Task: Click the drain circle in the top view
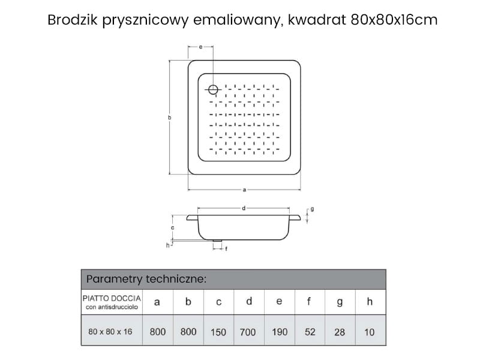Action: (x=213, y=89)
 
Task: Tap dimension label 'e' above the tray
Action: (x=200, y=47)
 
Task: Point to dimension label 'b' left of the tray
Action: (x=170, y=118)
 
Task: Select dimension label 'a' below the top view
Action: (x=244, y=190)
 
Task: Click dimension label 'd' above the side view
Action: (x=244, y=208)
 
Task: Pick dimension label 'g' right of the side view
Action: (x=312, y=209)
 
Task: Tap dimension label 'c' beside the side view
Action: (x=173, y=228)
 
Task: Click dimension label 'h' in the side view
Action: (x=168, y=245)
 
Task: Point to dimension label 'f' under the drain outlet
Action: (x=226, y=249)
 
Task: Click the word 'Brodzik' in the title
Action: (x=73, y=20)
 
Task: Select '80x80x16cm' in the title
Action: (x=394, y=20)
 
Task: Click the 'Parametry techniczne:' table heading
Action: (x=146, y=279)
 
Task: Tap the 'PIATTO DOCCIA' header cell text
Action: (x=112, y=298)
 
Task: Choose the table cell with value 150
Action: (x=218, y=332)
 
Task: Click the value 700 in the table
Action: (x=248, y=332)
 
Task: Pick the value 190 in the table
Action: (x=280, y=332)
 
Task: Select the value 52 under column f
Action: (x=310, y=332)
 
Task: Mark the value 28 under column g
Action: (x=340, y=332)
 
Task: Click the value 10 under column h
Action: (x=369, y=332)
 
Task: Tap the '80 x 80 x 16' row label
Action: (x=110, y=332)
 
